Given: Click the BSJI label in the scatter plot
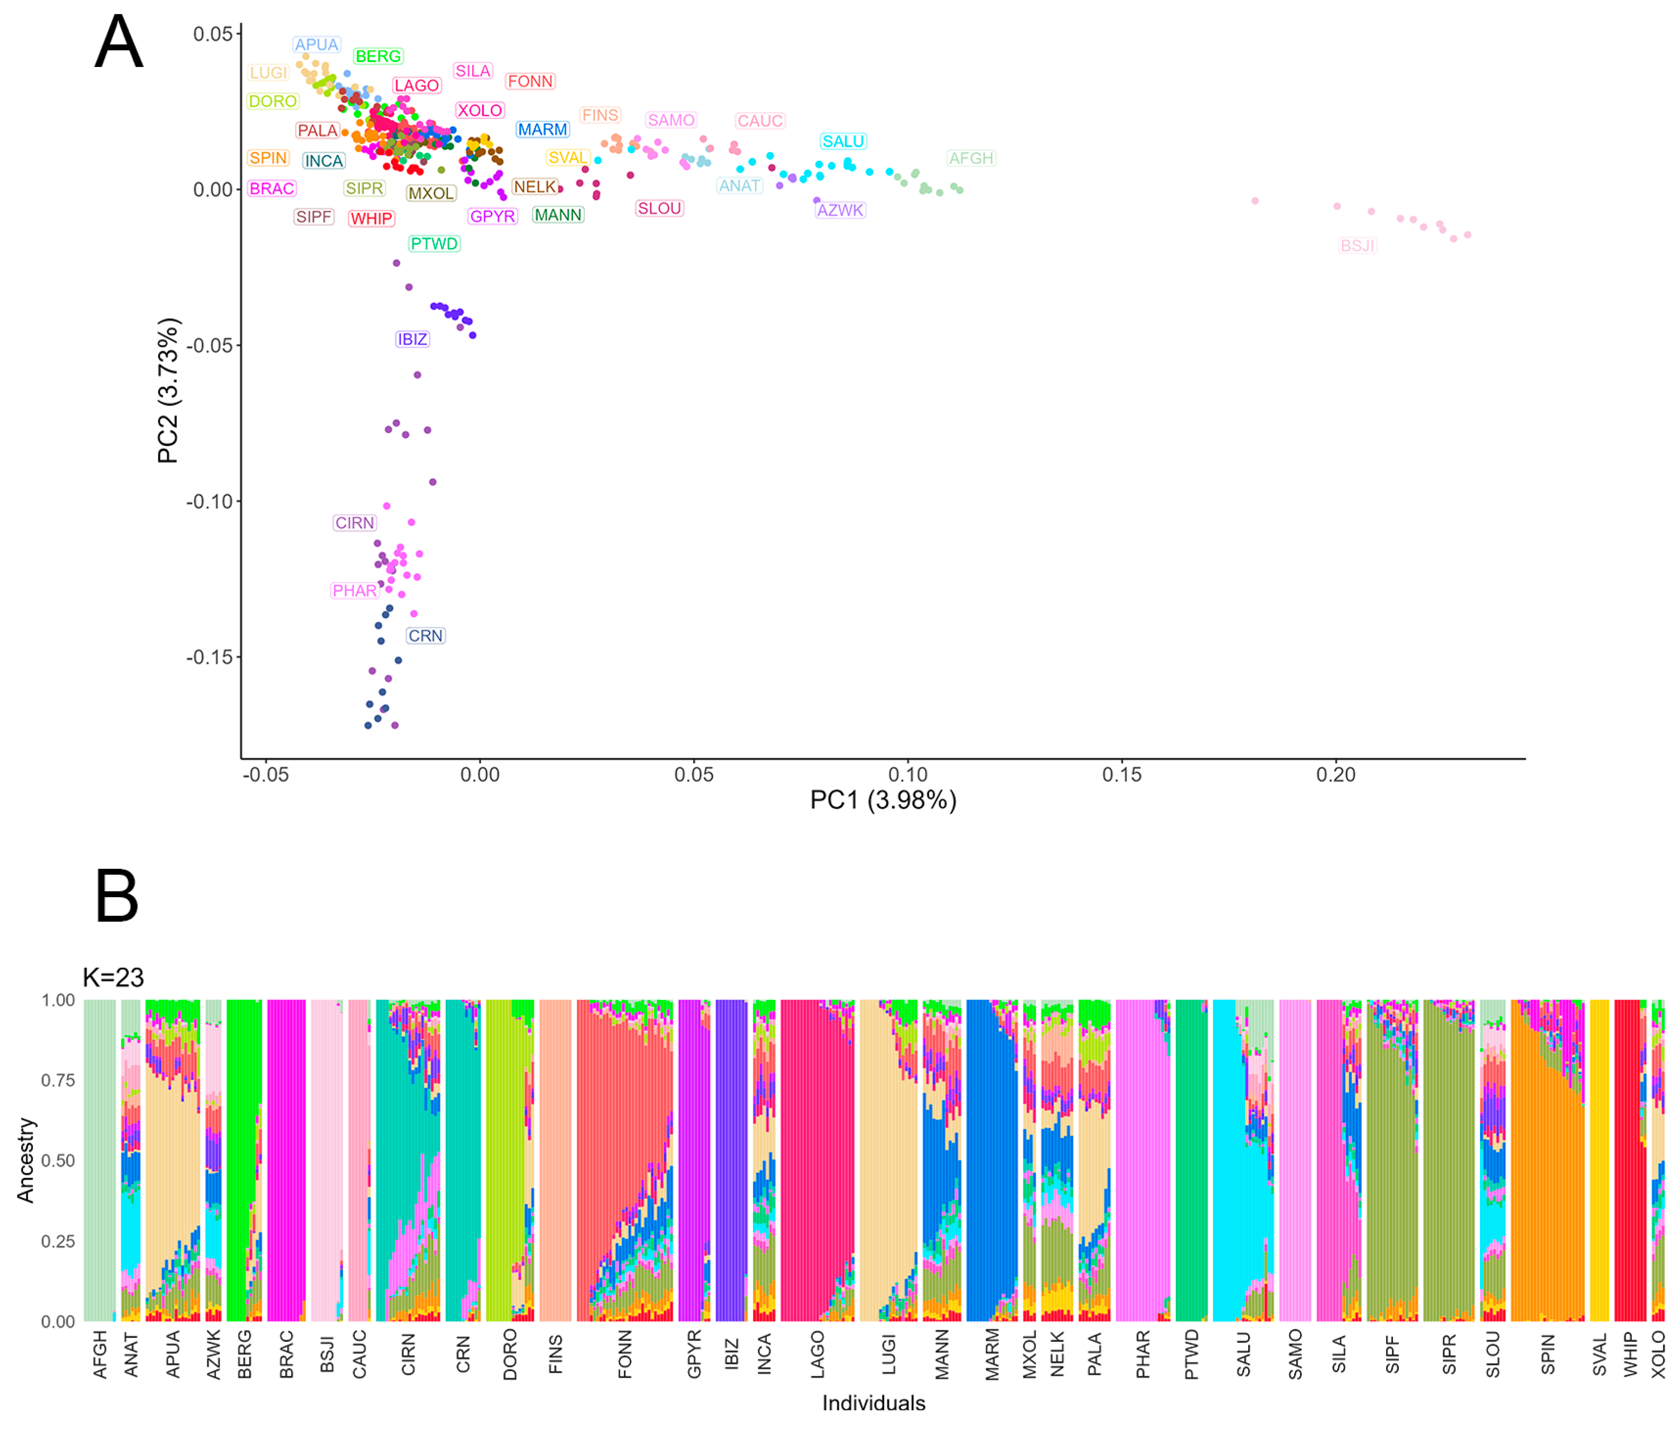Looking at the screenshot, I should [x=1357, y=246].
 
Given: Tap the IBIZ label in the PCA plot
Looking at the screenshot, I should [x=412, y=339].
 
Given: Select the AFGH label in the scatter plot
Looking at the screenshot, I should [x=971, y=158].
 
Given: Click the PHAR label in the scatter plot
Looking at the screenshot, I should [x=354, y=591].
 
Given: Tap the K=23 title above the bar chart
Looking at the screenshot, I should [x=113, y=977].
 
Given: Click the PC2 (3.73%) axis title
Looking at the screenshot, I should [x=168, y=390].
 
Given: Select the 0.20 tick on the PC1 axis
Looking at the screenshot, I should [x=1335, y=774].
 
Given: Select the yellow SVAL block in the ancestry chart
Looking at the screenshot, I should [x=1599, y=1157].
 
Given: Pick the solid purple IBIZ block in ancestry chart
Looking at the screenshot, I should [x=731, y=1157].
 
